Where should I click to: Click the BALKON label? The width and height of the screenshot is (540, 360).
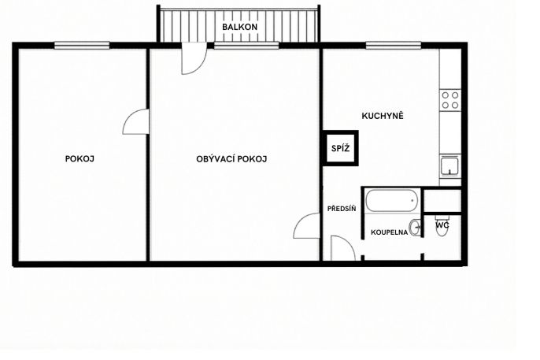point(239,27)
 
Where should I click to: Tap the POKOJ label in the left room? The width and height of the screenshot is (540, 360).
point(80,159)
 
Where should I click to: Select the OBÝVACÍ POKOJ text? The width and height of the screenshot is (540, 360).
point(231,159)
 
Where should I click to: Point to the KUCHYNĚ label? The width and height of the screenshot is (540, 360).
point(383,116)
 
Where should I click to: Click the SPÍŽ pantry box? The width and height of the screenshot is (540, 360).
point(340,148)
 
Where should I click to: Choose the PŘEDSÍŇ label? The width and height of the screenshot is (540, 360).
point(342,209)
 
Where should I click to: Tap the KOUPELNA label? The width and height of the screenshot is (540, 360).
point(389,232)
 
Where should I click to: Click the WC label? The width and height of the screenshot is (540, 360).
point(442,225)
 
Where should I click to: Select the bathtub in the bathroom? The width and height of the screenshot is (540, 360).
point(391,201)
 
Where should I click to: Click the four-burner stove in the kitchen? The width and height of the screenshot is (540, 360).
point(450,100)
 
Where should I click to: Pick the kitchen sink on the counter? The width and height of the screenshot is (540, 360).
point(450,165)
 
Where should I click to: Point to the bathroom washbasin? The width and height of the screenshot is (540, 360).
point(415,228)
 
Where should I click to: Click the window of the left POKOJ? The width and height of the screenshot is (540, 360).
point(82,45)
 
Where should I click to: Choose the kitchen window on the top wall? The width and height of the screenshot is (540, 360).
point(394,45)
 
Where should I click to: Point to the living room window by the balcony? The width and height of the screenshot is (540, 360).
point(246,45)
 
